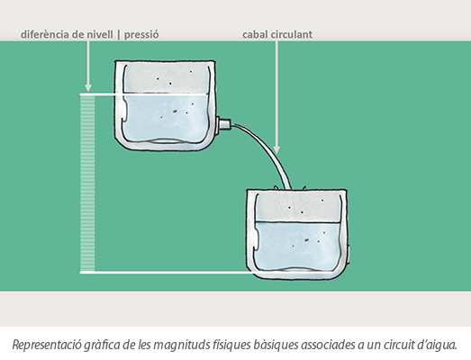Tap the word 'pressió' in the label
point(141,35)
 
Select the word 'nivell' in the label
point(100,34)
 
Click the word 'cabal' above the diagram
point(255,34)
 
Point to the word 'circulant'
point(292,34)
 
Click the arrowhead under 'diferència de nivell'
point(88,87)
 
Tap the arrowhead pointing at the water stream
point(277,149)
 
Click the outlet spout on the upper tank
point(223,124)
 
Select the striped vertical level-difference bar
point(87,184)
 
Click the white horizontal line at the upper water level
point(143,94)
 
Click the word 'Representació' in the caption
point(47,345)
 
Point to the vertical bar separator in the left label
point(119,34)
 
